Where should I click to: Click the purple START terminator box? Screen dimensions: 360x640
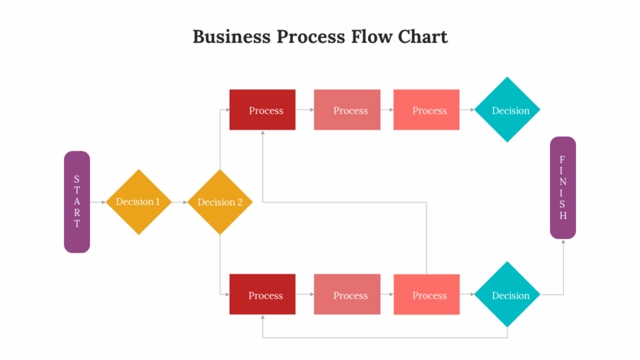77,202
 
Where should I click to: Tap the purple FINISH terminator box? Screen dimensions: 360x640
563,187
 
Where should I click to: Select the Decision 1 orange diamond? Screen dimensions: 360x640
138,202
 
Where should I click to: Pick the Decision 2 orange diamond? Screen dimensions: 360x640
220,202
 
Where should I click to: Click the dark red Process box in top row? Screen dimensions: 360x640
262,110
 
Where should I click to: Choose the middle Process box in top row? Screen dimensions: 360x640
347,110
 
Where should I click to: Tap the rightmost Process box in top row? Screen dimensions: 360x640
426,110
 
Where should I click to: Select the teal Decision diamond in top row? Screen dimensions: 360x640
508,110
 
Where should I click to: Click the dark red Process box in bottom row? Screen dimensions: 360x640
262,294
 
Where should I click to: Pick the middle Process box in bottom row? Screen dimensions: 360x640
347,294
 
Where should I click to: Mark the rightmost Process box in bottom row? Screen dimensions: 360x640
426,294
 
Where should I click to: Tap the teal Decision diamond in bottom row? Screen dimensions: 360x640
508,294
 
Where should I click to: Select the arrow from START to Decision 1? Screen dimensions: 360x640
98,202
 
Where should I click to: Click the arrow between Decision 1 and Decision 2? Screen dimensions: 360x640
179,202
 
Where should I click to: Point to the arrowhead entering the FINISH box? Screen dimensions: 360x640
563,242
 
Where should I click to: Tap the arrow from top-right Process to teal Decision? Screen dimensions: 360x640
467,110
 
